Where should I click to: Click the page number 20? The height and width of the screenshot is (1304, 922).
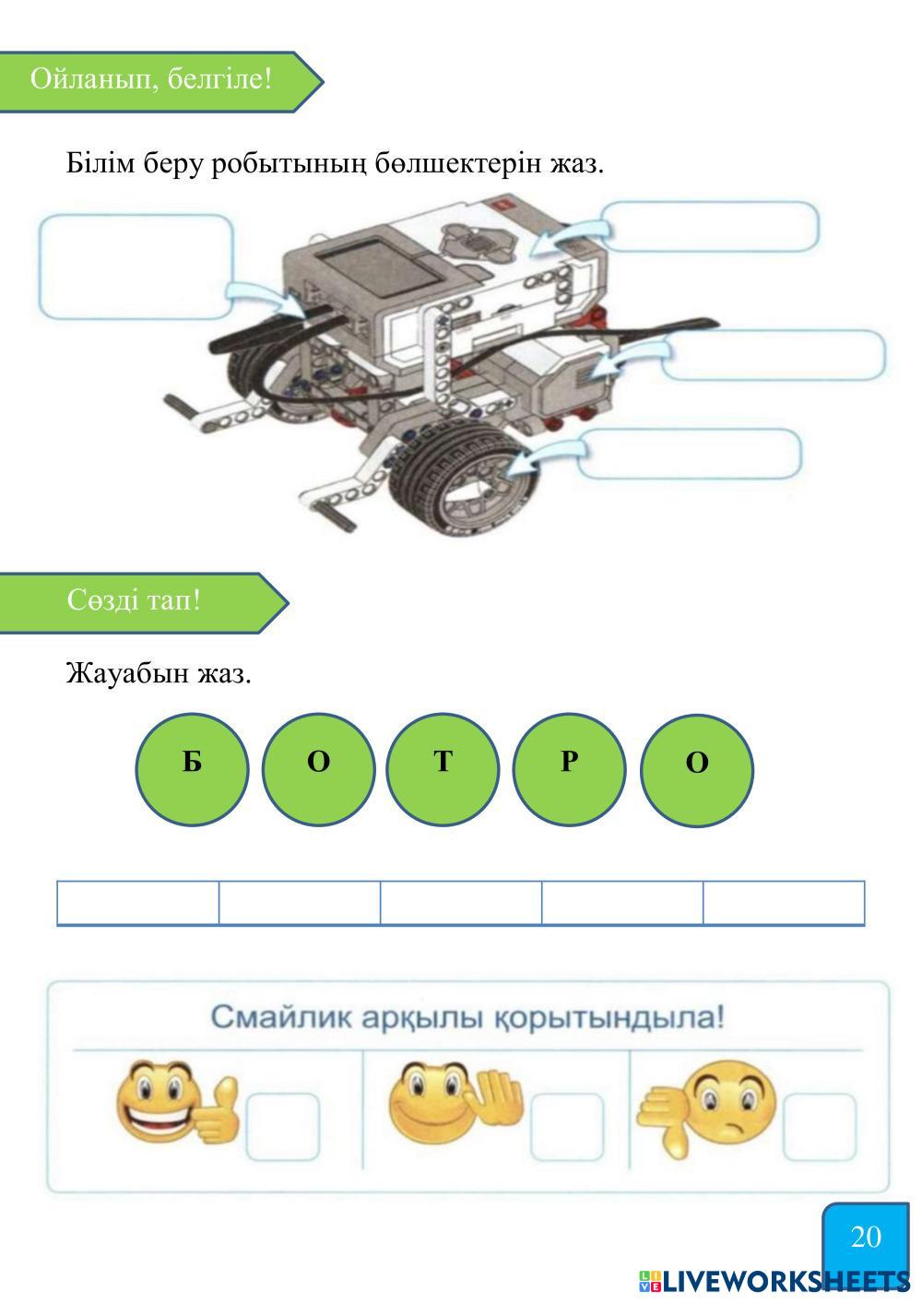coord(866,1237)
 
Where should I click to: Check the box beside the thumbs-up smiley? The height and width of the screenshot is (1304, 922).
coord(282,1127)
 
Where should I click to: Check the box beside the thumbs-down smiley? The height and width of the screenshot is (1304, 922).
coord(819,1127)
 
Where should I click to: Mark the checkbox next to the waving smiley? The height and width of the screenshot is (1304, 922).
coord(567,1127)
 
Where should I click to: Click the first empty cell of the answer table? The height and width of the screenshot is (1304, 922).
coord(138,903)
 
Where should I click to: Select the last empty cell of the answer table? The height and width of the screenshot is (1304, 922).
coord(784,903)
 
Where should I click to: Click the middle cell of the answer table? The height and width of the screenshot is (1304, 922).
coord(461,903)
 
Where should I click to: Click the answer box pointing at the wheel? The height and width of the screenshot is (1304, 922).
coord(689,454)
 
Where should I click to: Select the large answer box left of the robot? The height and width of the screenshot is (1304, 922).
coord(136,267)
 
